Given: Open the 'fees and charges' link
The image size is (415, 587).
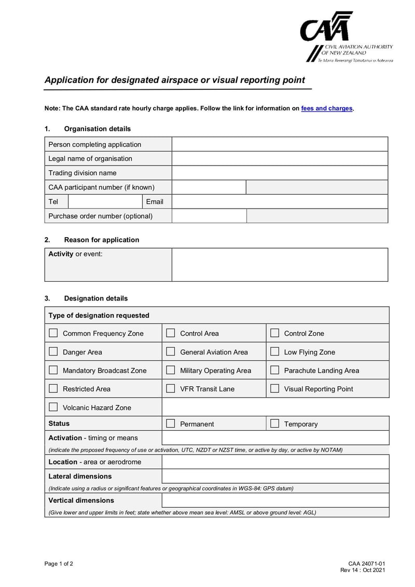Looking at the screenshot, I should (x=326, y=108).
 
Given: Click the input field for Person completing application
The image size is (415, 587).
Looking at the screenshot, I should (x=280, y=144).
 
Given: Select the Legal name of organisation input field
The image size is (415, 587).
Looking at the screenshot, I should (x=280, y=158).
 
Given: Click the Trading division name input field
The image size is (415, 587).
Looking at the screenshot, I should (x=280, y=173).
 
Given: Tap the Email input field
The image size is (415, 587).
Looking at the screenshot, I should (x=280, y=201).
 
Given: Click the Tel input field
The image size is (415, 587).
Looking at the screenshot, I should (x=105, y=201).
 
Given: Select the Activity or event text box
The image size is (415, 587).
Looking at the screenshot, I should (x=280, y=265).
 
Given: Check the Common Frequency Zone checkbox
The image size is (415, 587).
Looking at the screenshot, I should (x=53, y=333).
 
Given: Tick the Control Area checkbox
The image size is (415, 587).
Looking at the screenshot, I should (x=170, y=333).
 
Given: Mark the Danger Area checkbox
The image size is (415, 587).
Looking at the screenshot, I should (x=53, y=352).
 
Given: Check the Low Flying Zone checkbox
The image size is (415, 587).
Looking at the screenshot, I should (x=274, y=352).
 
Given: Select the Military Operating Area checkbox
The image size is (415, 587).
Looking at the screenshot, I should (x=170, y=371).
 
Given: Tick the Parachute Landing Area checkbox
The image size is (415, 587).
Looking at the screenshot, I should (x=274, y=371).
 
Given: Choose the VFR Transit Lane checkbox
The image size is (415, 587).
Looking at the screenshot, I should (x=170, y=389).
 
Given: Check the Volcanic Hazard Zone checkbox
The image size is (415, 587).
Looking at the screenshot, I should (x=53, y=407).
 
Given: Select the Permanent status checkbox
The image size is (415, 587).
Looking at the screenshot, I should (x=170, y=424).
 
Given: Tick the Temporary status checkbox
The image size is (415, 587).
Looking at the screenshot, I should (x=274, y=424).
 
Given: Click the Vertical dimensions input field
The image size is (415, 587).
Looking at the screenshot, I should (x=275, y=500).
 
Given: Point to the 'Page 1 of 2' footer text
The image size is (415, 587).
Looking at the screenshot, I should (x=59, y=564).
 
